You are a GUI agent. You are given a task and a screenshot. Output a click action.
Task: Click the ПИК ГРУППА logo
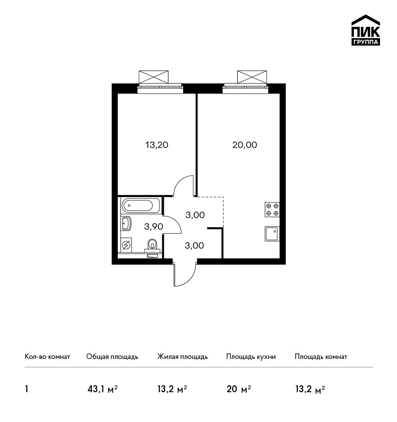(366, 30)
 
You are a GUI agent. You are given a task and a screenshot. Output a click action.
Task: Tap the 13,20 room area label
(157, 145)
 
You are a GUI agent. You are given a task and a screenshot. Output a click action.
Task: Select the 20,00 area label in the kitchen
(245, 145)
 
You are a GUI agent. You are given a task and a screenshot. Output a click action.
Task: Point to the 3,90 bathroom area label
(153, 226)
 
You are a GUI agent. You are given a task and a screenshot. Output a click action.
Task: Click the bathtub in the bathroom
(137, 206)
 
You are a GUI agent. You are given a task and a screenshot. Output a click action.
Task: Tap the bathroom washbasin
(126, 223)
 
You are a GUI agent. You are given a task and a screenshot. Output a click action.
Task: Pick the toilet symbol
(152, 245)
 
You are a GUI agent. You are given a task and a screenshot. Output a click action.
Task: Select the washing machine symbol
(126, 245)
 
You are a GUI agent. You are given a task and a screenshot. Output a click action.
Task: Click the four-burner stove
(272, 210)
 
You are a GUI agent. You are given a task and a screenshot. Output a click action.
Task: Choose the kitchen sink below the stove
(272, 234)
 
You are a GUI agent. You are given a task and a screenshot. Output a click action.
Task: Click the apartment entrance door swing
(185, 275)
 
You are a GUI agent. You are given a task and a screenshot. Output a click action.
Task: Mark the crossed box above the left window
(153, 77)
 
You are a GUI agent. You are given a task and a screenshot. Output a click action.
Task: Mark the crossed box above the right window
(252, 77)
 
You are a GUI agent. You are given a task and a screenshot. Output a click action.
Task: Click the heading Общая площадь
(112, 357)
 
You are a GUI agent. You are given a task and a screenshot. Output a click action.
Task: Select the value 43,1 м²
(103, 389)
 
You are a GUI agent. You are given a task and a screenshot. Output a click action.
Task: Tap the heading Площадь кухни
(251, 357)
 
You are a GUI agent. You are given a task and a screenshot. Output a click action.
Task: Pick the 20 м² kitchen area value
(239, 389)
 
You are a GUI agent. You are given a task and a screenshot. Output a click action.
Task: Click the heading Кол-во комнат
(47, 357)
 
